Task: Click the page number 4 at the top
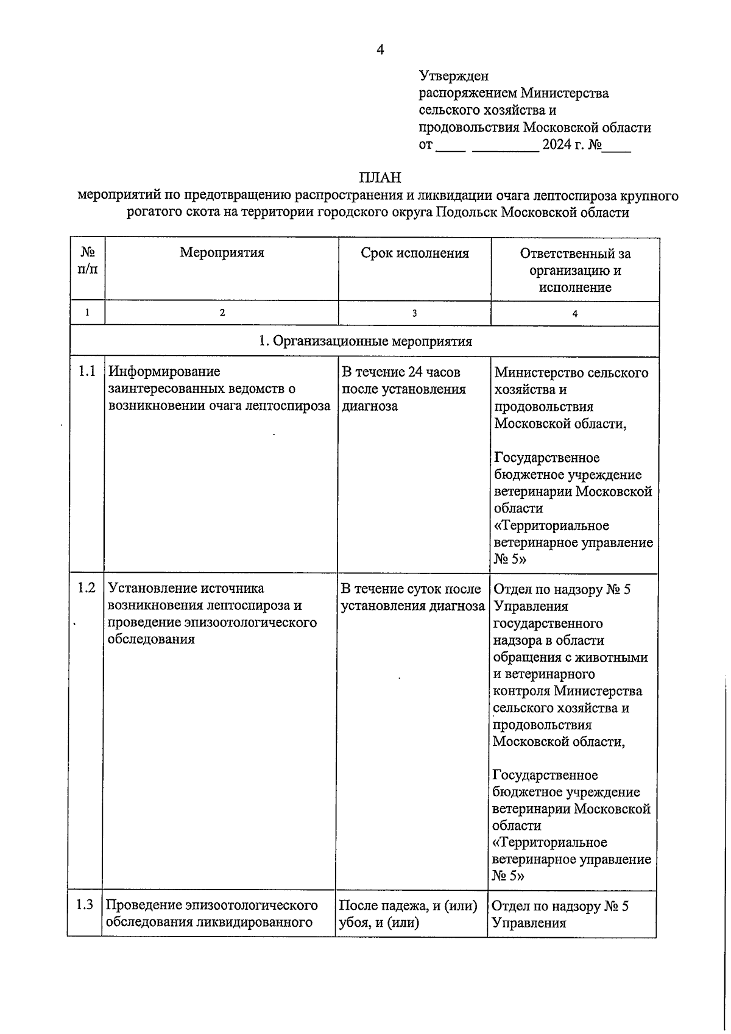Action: click(380, 50)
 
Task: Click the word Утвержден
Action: click(454, 76)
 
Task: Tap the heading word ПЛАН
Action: click(380, 178)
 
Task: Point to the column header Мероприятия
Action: click(222, 253)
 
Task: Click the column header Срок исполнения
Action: click(415, 253)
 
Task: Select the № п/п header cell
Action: click(88, 260)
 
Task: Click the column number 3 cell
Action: click(415, 313)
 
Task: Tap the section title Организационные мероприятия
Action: click(372, 341)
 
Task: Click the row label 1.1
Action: click(87, 372)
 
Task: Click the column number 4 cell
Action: click(574, 314)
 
